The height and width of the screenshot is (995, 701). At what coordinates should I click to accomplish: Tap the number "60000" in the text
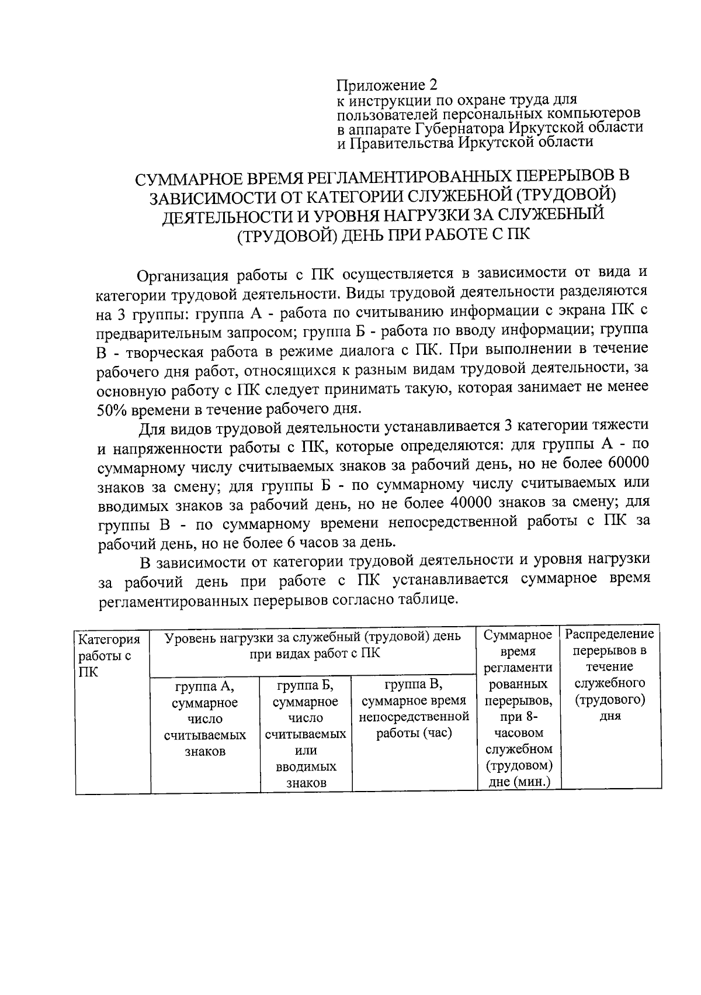coord(628,464)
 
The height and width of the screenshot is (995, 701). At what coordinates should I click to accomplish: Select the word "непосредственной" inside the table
coord(414,717)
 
